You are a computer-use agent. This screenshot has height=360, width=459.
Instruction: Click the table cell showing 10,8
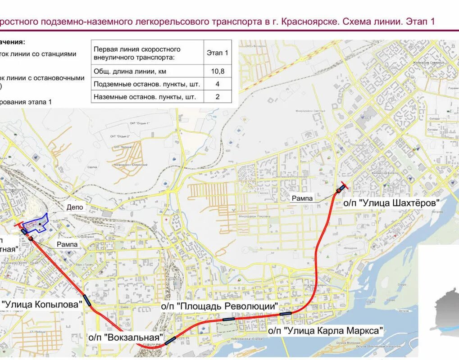point(218,71)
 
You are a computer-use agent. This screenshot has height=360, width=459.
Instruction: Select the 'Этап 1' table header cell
point(218,53)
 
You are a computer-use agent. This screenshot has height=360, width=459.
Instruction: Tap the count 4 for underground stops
point(218,84)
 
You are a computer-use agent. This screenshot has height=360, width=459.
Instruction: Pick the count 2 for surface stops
point(218,96)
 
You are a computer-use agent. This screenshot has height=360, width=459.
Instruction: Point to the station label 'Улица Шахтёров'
point(391,203)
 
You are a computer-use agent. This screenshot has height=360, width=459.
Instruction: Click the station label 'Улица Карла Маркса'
point(326,331)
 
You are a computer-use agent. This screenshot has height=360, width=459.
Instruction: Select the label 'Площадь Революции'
point(219,306)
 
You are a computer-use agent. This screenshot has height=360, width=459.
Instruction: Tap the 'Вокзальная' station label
point(125,337)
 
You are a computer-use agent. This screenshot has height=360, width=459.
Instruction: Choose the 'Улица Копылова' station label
point(41,304)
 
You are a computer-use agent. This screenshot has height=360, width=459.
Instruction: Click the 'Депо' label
point(75,207)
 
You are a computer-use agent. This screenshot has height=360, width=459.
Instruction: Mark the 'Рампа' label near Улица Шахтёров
point(302,198)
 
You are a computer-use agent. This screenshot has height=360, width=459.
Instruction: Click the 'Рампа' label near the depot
point(68,245)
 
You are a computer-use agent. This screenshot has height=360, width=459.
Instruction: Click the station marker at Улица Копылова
point(87,301)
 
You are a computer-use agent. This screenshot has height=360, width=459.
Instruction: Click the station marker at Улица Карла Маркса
point(285,312)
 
